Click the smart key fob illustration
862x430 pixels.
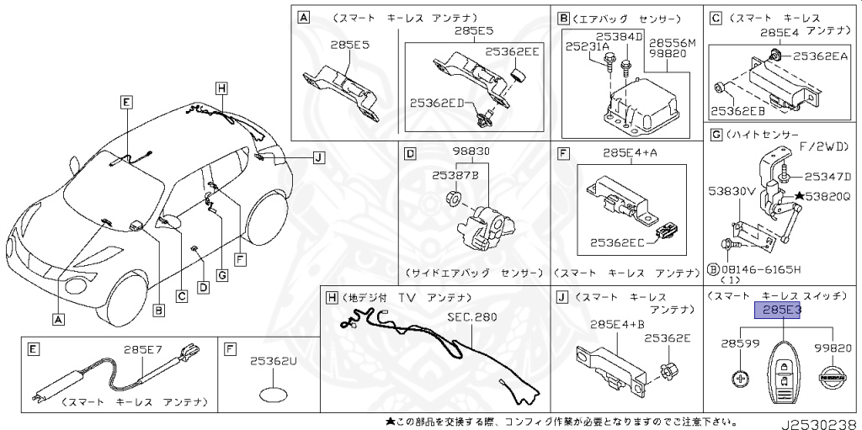(784, 375)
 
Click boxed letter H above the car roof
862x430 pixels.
(221, 88)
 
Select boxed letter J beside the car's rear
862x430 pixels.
(317, 157)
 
